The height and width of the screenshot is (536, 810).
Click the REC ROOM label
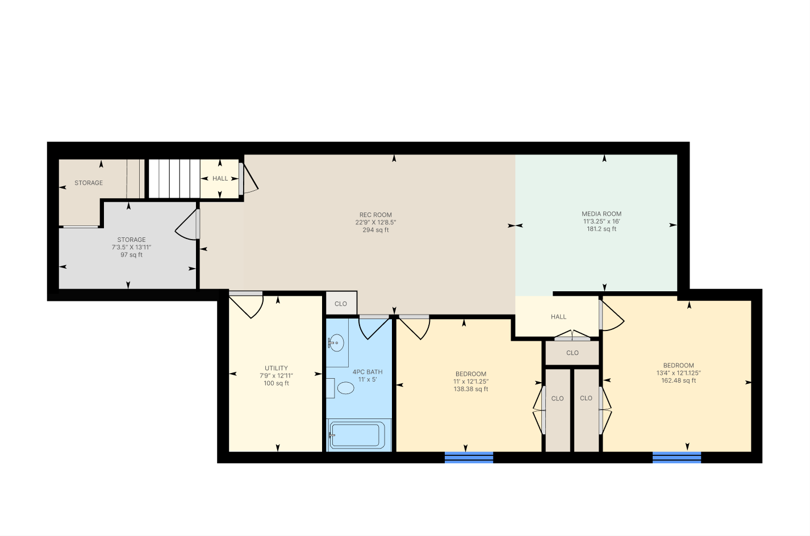point(375,215)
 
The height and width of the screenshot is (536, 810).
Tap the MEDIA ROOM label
point(602,214)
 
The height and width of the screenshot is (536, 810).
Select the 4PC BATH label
point(368,372)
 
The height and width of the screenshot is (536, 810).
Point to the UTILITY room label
point(276,368)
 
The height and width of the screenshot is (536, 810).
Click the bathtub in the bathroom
point(356,436)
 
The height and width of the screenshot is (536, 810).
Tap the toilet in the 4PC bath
point(345,388)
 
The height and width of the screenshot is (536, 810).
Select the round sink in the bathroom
point(336,343)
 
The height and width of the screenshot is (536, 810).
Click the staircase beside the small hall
point(174,178)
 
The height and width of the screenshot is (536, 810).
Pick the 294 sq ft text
point(375,230)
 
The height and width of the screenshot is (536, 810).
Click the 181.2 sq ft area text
point(602,229)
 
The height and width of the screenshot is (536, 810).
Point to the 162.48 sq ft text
point(678,380)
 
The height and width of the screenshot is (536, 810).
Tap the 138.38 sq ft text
point(471,389)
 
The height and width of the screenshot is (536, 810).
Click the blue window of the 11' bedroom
point(469,457)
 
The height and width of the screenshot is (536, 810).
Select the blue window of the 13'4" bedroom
point(677,457)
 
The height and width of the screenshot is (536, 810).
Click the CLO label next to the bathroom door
point(341,304)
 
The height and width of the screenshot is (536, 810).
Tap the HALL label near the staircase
point(220,178)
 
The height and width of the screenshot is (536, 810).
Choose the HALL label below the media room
point(558,317)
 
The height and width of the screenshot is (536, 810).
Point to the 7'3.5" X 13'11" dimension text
point(131,248)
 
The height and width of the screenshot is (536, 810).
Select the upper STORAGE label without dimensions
point(89,183)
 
